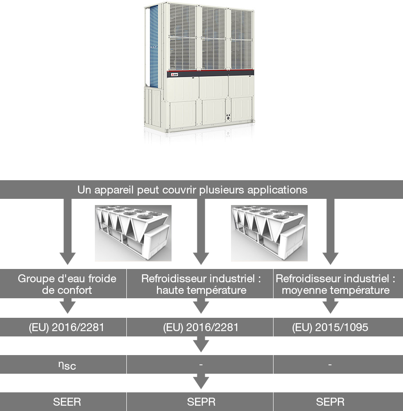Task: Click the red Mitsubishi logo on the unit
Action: click(x=174, y=75)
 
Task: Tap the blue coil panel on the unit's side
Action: click(x=154, y=46)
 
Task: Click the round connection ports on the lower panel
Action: click(x=228, y=117)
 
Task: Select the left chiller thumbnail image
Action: click(x=133, y=233)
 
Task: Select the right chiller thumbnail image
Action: click(x=269, y=233)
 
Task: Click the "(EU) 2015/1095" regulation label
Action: click(x=330, y=328)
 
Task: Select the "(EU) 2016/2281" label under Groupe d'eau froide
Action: click(x=67, y=328)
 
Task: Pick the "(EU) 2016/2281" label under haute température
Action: click(x=201, y=328)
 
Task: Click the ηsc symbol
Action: click(x=67, y=365)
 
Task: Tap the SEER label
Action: click(x=67, y=402)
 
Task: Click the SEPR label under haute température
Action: click(x=201, y=402)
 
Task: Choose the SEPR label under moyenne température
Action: click(x=330, y=402)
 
